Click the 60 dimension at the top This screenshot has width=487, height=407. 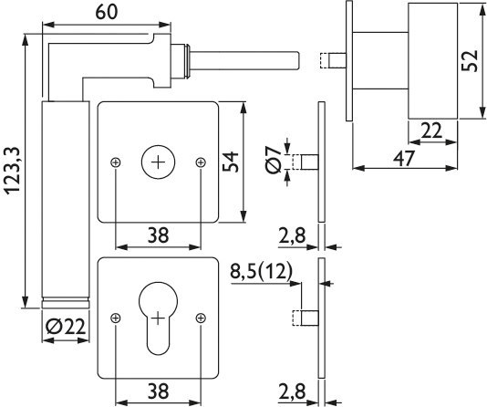[x=107, y=12]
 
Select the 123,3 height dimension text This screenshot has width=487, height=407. [x=13, y=172]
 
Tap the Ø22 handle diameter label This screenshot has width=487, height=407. [x=66, y=327]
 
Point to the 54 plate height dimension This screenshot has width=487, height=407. [x=231, y=162]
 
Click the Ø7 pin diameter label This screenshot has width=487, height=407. [x=273, y=160]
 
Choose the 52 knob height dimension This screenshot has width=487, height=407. [x=470, y=61]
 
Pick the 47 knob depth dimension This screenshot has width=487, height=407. [x=404, y=158]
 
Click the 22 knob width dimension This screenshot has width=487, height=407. [x=430, y=130]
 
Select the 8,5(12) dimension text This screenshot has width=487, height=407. [x=261, y=272]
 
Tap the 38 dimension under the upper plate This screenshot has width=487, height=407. [x=158, y=235]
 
